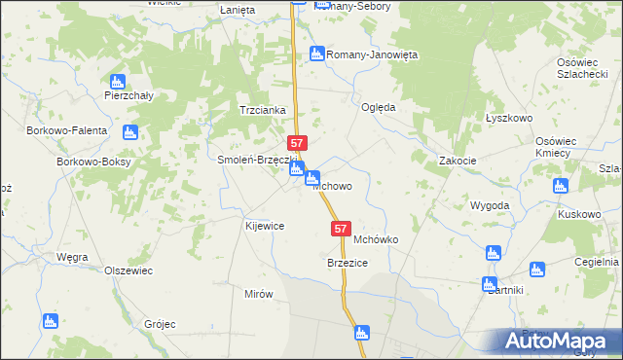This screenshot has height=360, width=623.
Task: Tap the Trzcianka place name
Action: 263,110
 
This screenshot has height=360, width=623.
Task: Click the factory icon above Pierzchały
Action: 118,82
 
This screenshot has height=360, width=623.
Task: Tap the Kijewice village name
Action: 263,225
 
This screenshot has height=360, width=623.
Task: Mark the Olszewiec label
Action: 128,270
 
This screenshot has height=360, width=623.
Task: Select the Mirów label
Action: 259,293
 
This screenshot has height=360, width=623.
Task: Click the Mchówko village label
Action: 378,238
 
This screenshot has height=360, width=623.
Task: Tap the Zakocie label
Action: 458,161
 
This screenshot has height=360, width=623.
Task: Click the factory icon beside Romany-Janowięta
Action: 315,54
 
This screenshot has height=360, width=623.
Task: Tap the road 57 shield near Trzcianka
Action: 298,142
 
